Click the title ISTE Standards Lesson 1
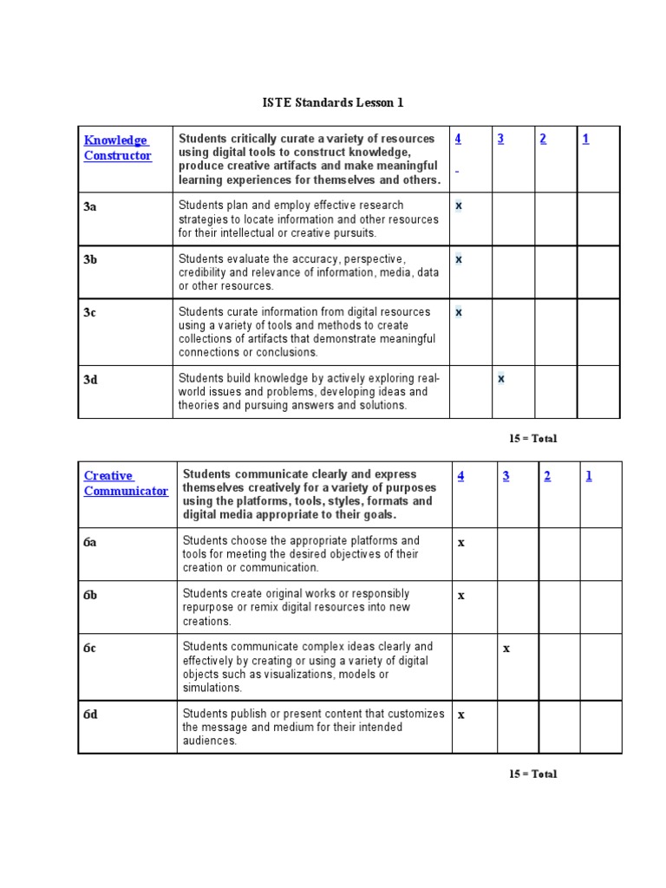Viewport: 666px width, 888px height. click(333, 103)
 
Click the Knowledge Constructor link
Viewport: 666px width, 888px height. click(117, 147)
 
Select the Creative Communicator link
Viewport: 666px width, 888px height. click(126, 483)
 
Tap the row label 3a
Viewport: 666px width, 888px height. click(90, 206)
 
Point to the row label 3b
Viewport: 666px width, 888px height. click(90, 259)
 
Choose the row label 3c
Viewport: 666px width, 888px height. click(90, 312)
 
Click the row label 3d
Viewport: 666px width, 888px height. click(90, 379)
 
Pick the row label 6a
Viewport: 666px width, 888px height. click(90, 542)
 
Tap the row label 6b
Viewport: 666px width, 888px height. click(90, 595)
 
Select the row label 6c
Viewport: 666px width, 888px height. click(90, 648)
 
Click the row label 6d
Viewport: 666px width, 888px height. click(90, 715)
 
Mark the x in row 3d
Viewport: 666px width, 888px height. click(501, 379)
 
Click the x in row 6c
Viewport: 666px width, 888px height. click(506, 648)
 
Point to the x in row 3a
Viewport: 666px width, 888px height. click(459, 206)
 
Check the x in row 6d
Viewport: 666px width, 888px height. click(461, 715)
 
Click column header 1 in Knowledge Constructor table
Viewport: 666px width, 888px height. click(585, 139)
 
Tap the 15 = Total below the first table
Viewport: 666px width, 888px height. click(532, 439)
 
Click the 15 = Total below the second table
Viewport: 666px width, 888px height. click(532, 774)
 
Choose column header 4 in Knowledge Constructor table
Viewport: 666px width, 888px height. click(457, 139)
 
